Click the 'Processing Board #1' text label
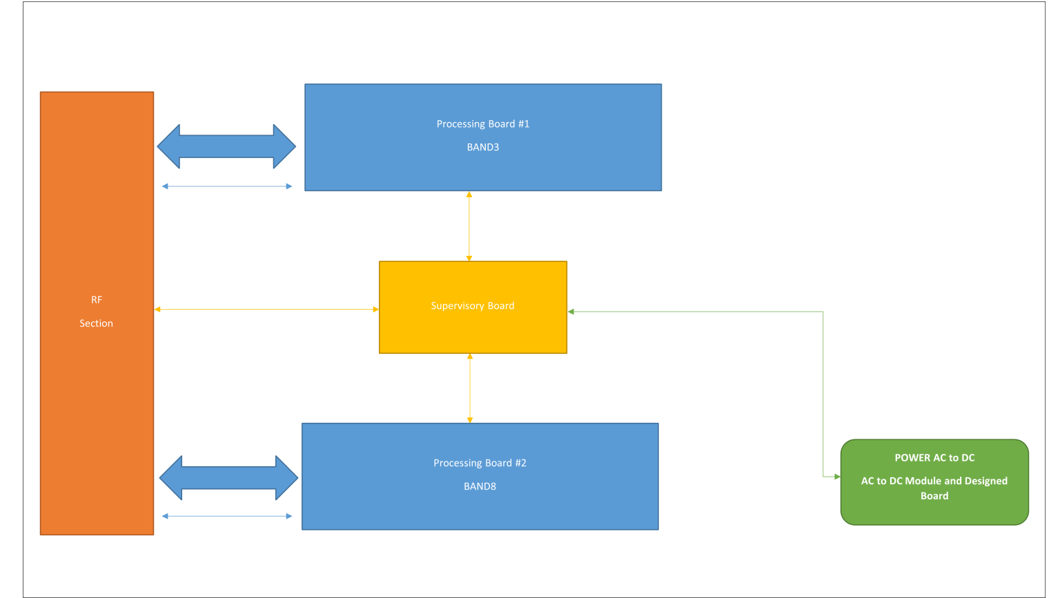tap(482, 124)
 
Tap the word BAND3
tap(482, 147)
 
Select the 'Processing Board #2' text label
tap(480, 463)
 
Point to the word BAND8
tap(480, 486)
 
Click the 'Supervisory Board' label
tap(473, 306)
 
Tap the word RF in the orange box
tap(97, 300)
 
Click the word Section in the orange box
tap(96, 323)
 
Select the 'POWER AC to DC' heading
tap(934, 458)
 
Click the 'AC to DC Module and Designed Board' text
tap(934, 488)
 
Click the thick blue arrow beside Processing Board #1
tap(226, 146)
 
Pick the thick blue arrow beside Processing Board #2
tap(228, 477)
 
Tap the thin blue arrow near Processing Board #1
tap(226, 186)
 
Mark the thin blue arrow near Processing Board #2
tap(226, 516)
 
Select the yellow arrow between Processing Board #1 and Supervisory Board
tap(469, 226)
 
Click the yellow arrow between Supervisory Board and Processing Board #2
tap(470, 388)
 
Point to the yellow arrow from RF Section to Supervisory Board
tap(266, 310)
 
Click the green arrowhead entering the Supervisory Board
tap(571, 312)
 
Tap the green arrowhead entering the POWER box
tap(836, 477)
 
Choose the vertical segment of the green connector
tap(823, 393)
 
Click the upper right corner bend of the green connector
tap(823, 312)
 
